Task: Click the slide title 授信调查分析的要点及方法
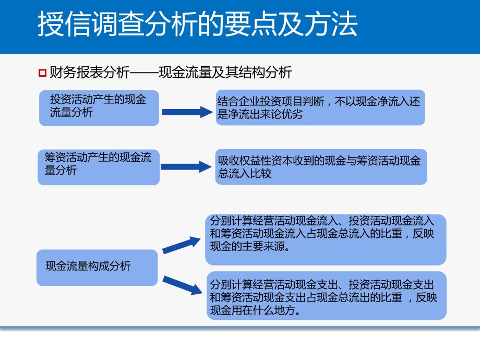click(x=197, y=25)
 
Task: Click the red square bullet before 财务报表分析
click(x=42, y=72)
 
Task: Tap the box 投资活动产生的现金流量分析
click(x=99, y=107)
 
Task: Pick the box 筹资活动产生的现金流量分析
click(x=99, y=167)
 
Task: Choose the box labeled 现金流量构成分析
click(x=97, y=267)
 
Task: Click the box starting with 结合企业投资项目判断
click(x=320, y=107)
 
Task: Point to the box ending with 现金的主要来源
click(x=326, y=239)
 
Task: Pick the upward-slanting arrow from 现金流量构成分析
click(x=182, y=245)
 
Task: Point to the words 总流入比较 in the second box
click(x=245, y=174)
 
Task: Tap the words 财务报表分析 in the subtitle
click(x=89, y=72)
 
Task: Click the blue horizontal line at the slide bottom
click(x=240, y=328)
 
